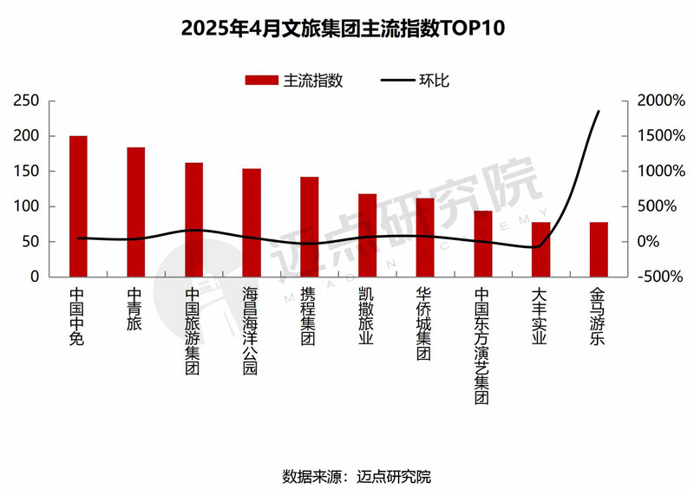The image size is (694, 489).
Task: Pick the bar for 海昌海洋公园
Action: pos(252,223)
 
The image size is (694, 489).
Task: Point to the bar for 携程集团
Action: pos(309,227)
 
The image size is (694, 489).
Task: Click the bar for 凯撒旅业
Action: pos(367,235)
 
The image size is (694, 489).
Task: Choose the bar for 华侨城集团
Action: pos(425,238)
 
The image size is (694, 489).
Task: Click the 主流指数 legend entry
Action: pos(295,81)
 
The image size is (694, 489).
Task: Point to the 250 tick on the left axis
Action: pos(27,101)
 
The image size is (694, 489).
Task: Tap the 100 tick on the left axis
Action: pos(27,206)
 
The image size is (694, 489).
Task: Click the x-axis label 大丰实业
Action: pos(540,316)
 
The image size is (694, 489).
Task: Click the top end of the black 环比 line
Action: pos(599,111)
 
